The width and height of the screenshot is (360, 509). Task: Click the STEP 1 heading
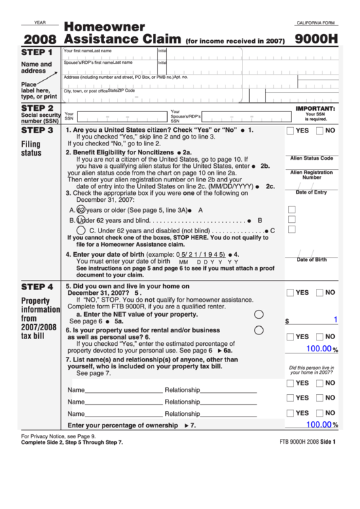(37, 52)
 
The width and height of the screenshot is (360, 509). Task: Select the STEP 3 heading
(37, 130)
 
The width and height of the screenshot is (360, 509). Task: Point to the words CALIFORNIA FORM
(317, 23)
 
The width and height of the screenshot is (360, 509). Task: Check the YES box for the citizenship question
(291, 130)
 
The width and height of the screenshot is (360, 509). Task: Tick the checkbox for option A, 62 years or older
(291, 209)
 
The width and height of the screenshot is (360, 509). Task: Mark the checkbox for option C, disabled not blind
(291, 230)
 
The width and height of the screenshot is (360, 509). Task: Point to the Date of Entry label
(311, 192)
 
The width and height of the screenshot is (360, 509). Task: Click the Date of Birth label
(311, 260)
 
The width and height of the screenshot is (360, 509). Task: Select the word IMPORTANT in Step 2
(315, 109)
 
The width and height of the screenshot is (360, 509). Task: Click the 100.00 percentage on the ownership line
(318, 424)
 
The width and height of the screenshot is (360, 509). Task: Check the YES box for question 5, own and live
(291, 293)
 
